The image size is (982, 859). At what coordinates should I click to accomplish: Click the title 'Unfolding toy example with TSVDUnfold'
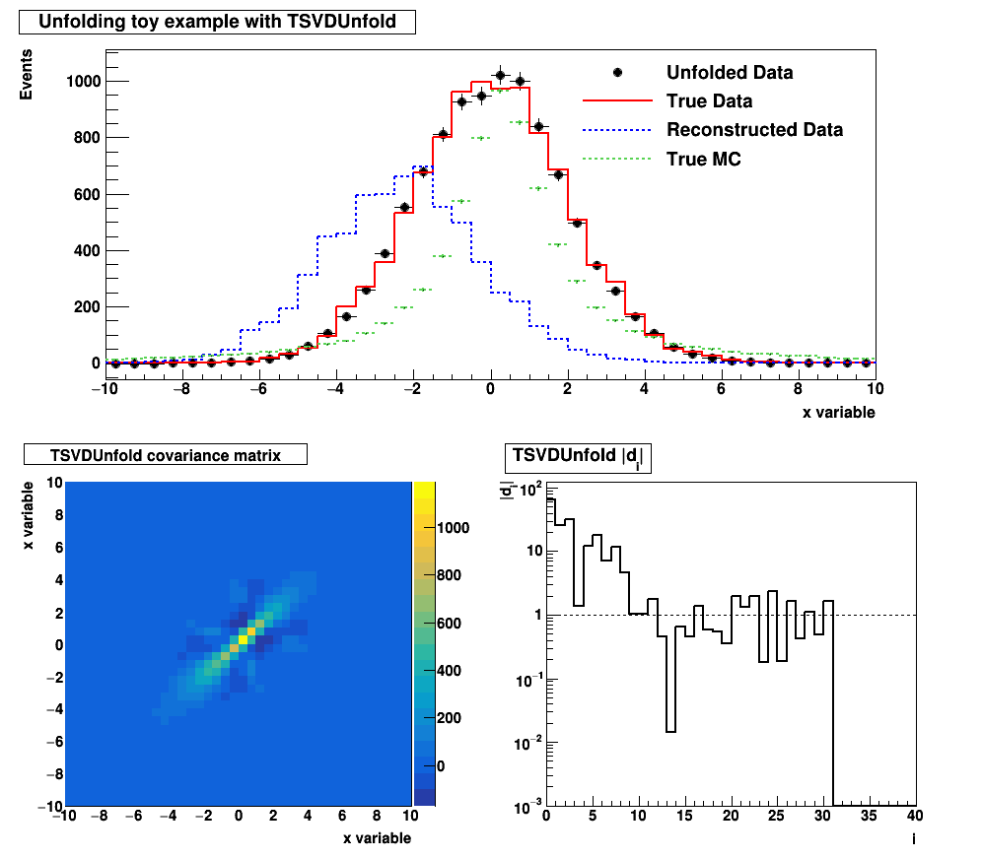point(217,22)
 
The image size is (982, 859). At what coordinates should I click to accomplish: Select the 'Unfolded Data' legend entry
point(730,72)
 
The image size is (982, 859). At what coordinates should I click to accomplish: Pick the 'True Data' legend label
point(709,100)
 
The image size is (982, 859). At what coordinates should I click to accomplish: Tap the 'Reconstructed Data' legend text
point(754,130)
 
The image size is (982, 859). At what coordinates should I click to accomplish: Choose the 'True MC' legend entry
point(703,159)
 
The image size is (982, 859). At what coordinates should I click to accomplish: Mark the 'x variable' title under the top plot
point(838,413)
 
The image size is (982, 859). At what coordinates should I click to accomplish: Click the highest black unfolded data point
point(501,76)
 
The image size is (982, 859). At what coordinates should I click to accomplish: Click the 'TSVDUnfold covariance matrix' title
point(166,455)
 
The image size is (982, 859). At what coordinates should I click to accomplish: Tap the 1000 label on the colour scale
point(455,527)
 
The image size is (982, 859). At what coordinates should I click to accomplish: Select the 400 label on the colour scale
point(450,671)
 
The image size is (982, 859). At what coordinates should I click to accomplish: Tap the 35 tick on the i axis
point(869,818)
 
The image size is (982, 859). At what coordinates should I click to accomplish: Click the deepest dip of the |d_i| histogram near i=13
point(670,731)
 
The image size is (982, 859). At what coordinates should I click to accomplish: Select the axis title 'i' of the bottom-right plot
point(913,838)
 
